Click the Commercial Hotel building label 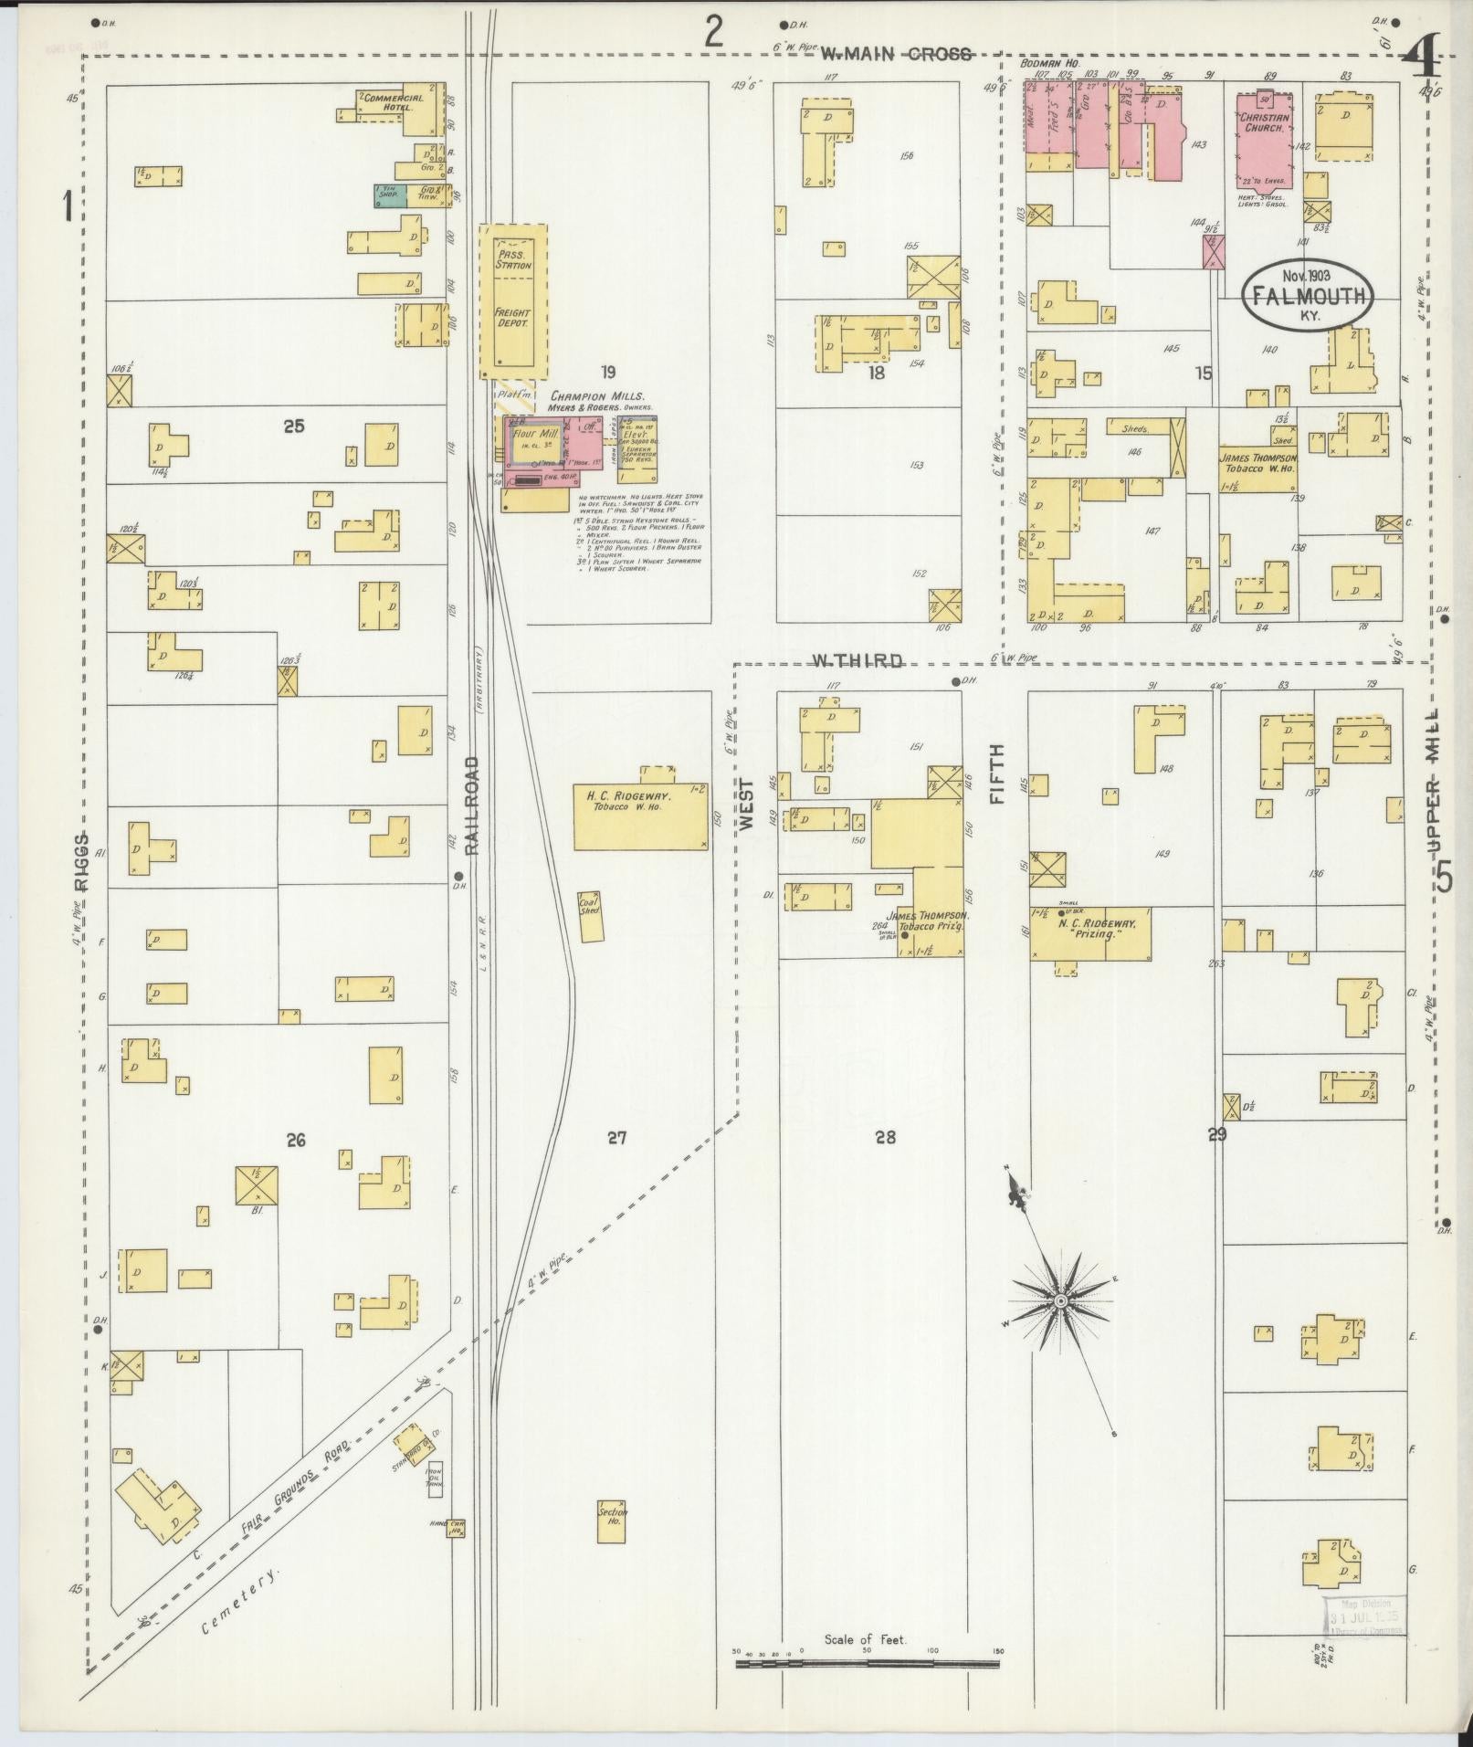coord(393,102)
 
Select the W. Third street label coord(858,661)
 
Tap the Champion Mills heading coord(596,396)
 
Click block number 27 coord(617,1138)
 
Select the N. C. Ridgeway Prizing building coord(1091,934)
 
